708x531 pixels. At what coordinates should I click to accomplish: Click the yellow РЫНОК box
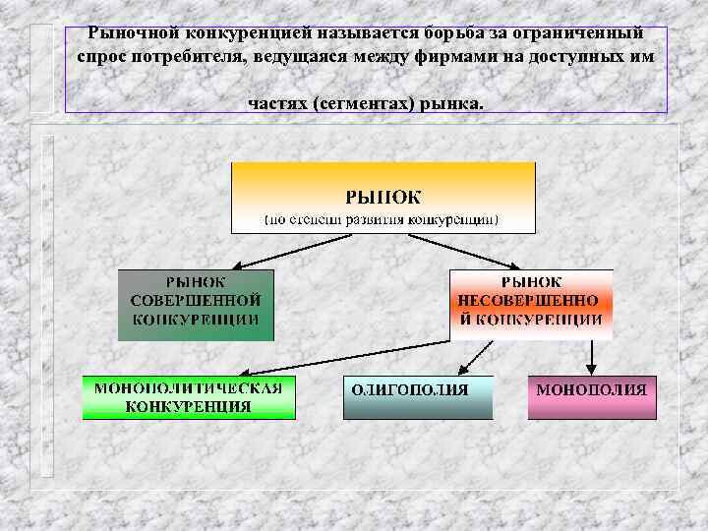point(383,197)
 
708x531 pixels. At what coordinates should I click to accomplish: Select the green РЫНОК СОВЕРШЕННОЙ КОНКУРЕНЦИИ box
point(195,304)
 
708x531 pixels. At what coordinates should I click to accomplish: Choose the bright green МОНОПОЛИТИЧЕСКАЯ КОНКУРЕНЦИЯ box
point(188,396)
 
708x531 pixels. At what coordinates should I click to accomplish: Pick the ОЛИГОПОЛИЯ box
point(418,396)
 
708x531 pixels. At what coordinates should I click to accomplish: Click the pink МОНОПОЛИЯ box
point(591,396)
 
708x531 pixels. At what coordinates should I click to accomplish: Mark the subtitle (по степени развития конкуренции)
point(383,219)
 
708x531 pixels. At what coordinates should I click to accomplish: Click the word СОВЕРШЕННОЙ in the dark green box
point(195,300)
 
